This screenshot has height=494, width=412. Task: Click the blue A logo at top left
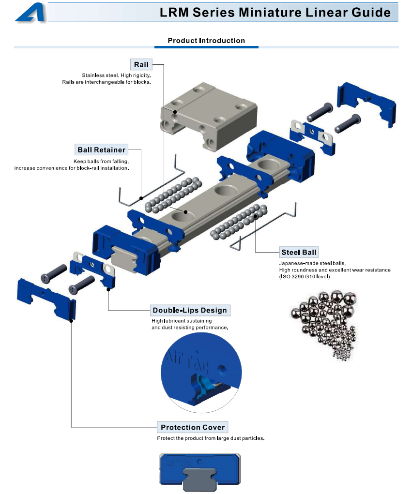click(x=31, y=13)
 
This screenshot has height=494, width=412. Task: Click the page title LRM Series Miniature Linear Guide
click(x=275, y=12)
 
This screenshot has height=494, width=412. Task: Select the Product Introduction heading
click(x=206, y=41)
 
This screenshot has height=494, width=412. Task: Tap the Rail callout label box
click(x=141, y=64)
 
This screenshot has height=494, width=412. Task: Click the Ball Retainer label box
click(x=102, y=150)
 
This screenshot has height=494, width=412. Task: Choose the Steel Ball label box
click(x=299, y=253)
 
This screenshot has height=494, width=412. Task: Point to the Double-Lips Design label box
click(x=190, y=310)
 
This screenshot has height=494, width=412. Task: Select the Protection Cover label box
click(x=193, y=427)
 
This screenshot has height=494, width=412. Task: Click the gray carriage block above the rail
click(x=209, y=116)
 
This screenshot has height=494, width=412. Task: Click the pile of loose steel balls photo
click(x=324, y=325)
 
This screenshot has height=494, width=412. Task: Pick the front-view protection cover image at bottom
click(x=200, y=472)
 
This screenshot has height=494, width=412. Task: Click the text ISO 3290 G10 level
click(x=305, y=277)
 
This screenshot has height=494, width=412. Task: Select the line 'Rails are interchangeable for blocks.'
click(x=107, y=82)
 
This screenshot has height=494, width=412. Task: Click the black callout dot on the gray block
click(x=175, y=112)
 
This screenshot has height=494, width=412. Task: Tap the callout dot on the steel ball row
click(x=255, y=216)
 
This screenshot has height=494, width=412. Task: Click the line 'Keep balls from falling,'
click(x=101, y=162)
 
